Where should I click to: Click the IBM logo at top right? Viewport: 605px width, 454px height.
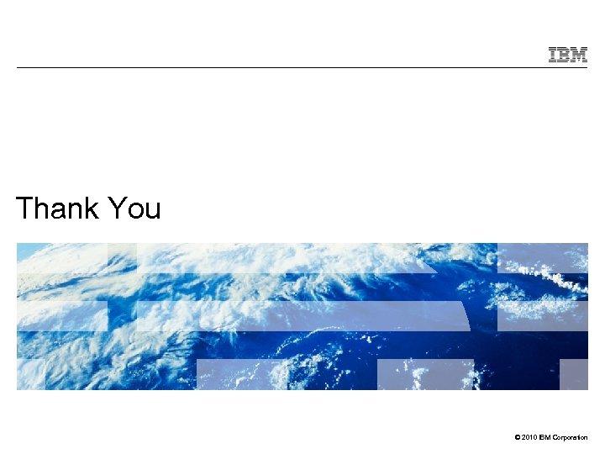(568, 55)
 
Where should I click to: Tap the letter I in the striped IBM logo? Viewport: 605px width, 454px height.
(554, 55)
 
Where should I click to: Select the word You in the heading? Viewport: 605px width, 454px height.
(134, 208)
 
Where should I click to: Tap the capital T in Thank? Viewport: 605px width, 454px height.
(25, 208)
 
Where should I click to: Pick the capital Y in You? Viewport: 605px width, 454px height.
(117, 208)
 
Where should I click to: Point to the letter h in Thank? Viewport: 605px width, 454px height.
(42, 208)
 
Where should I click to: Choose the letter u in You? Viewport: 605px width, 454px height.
(151, 210)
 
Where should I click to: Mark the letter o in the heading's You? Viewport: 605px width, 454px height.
(134, 210)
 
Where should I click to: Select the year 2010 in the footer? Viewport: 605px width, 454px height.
(526, 437)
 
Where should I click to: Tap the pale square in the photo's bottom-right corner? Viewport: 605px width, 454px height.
(574, 374)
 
